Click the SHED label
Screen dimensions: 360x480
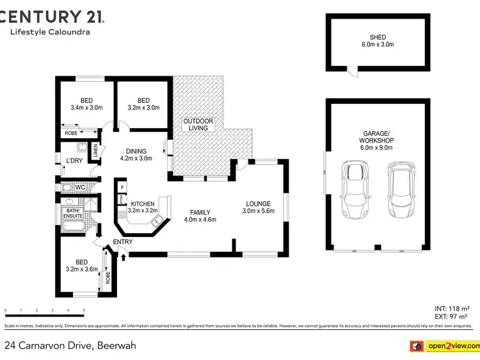[x=377, y=37]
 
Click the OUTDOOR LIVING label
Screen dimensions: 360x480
[x=198, y=124]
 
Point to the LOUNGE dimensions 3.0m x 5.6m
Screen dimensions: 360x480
[x=258, y=211]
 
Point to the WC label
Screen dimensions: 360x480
[x=80, y=187]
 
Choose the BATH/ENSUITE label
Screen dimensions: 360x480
[x=72, y=214]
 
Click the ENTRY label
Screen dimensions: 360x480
[x=122, y=241]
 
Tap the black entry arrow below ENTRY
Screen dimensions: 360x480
[x=122, y=256]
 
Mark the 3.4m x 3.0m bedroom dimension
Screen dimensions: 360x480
[x=86, y=108]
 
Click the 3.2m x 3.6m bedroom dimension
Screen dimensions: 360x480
[x=82, y=270]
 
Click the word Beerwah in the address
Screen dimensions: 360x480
[x=116, y=346]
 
